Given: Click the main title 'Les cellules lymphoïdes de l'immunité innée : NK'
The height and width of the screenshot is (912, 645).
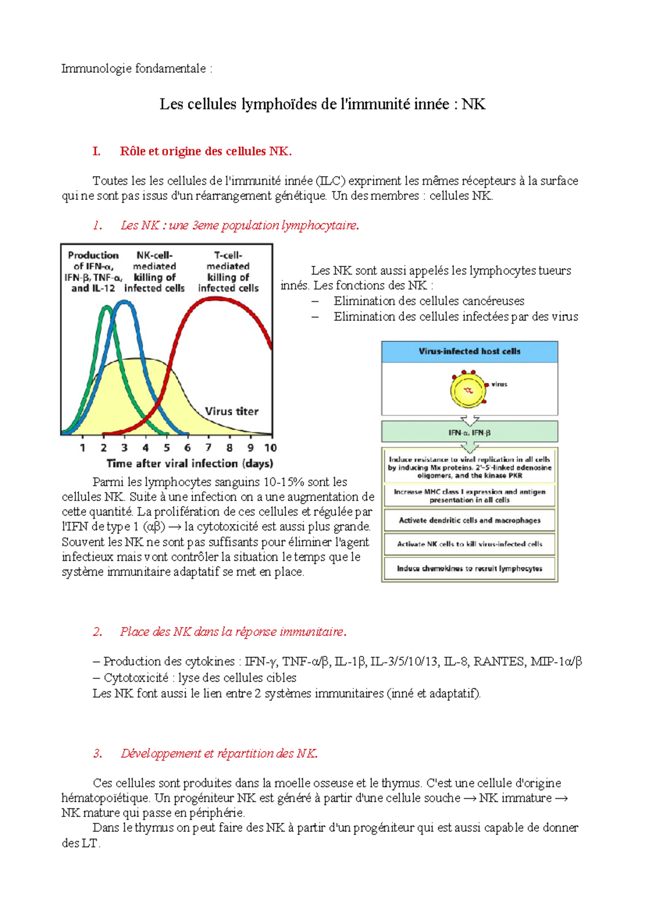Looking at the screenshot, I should point(322,104).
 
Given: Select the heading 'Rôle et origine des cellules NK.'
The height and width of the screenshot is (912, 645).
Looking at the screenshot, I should point(205,151).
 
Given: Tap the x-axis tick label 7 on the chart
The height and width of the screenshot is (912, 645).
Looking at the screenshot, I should point(209,447).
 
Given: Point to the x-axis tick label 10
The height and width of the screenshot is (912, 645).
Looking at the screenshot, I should point(270,447).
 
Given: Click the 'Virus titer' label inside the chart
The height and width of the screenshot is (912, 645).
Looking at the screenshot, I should point(232,411).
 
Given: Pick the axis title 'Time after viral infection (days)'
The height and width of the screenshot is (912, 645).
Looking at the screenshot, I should point(190,464).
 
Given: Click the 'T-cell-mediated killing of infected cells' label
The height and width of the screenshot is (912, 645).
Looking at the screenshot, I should point(228,272).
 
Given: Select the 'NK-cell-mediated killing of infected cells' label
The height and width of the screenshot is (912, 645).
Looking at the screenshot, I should point(154,272).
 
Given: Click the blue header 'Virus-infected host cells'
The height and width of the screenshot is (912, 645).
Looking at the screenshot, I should point(469,351).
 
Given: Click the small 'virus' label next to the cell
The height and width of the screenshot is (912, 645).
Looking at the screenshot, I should point(499,384).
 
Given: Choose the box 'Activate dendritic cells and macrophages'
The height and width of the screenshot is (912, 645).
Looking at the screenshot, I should point(469,520).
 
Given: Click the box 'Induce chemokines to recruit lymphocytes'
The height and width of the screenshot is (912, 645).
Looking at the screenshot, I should point(469,568).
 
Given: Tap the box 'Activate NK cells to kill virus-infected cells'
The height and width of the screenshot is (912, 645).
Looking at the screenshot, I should point(469,544).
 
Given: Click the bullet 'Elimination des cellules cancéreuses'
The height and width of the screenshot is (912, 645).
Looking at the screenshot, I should point(428,301).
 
